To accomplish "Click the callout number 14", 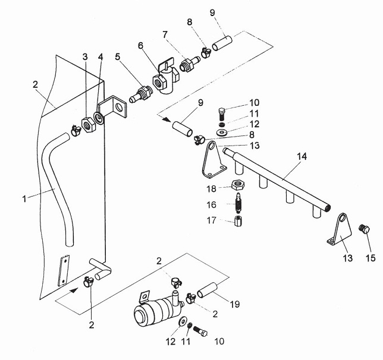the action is coord(302,156).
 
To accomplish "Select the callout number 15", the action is coord(371,258).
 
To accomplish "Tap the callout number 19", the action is coord(235,304).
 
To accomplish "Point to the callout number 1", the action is coord(24,199).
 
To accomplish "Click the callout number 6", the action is coord(140,45).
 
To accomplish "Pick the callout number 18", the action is coord(212,189).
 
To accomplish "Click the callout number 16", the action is coord(212,204).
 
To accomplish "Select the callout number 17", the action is coord(212,220).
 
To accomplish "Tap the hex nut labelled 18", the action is coord(238,185).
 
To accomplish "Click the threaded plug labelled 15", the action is coord(365,229).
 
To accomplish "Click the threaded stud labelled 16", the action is coord(238,203).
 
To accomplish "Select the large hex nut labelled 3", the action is coord(87,125).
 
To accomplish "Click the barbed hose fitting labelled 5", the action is coord(140,94).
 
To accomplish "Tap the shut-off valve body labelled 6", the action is coord(165,80).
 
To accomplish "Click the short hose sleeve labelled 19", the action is coord(208,290).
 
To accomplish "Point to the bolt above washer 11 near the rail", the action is coord(222,113).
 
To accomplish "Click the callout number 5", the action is coord(118,57).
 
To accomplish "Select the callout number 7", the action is coord(165,35).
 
